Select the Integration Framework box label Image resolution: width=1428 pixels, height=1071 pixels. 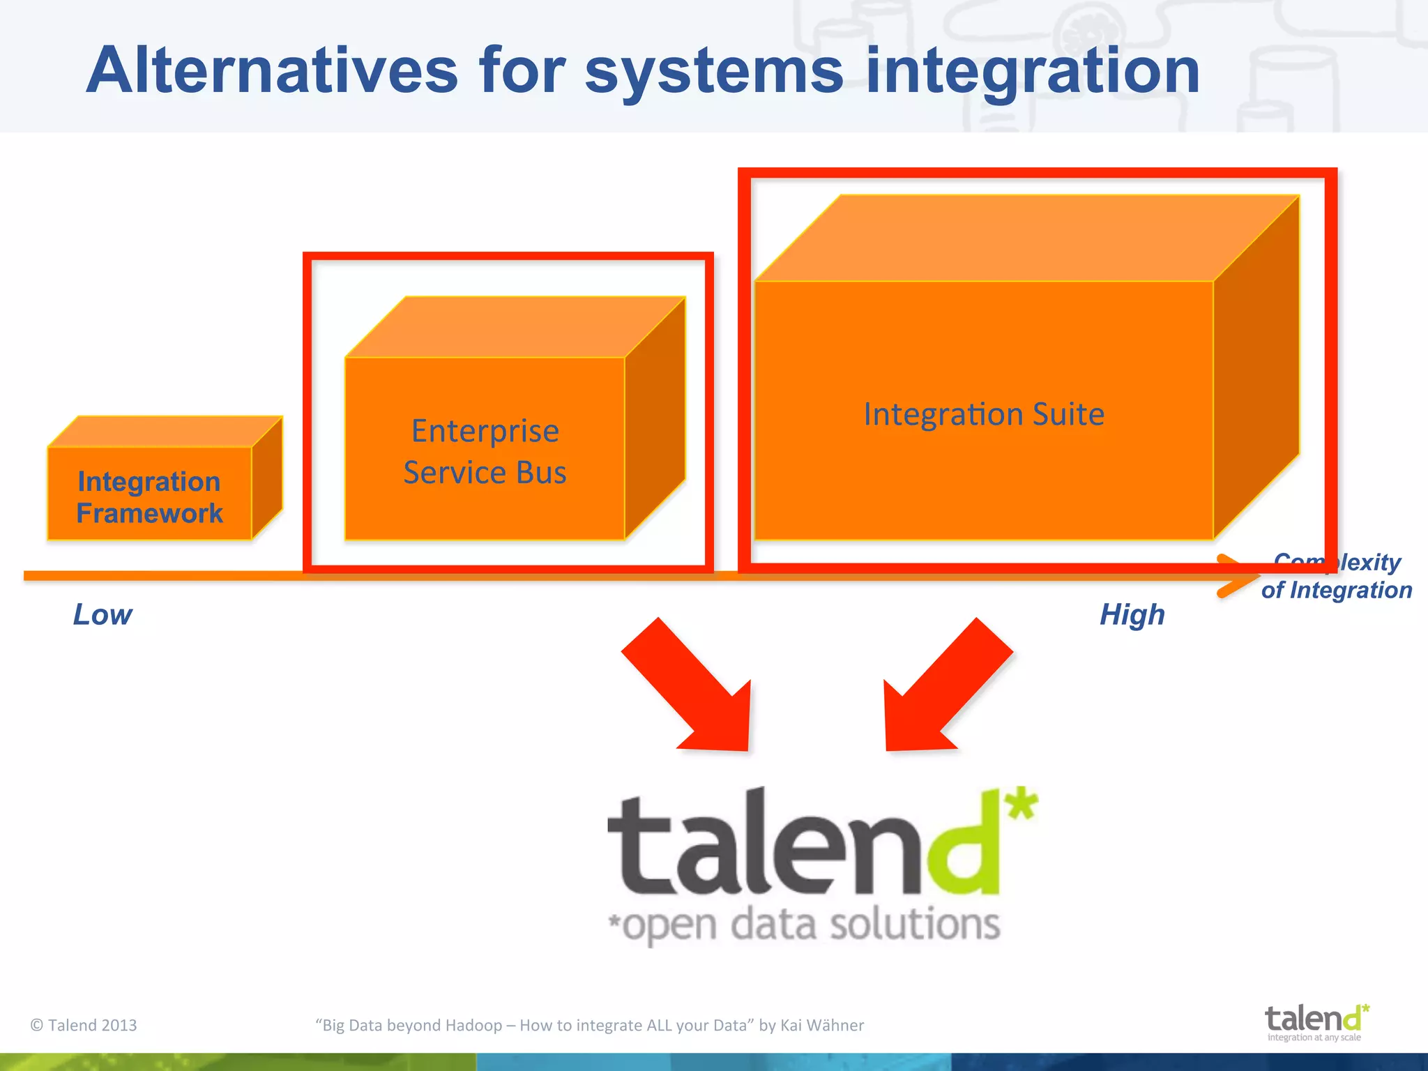(x=149, y=497)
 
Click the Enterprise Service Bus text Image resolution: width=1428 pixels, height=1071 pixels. (x=485, y=451)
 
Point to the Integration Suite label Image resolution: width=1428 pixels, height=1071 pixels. (x=984, y=414)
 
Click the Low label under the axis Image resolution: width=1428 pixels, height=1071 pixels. (x=102, y=615)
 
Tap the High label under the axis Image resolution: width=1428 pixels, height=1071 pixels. (x=1132, y=615)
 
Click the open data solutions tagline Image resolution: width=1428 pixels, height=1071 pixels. (x=805, y=925)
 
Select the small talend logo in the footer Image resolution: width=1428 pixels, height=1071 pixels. (x=1316, y=1021)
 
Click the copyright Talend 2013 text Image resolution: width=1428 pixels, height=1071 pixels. (x=84, y=1025)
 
